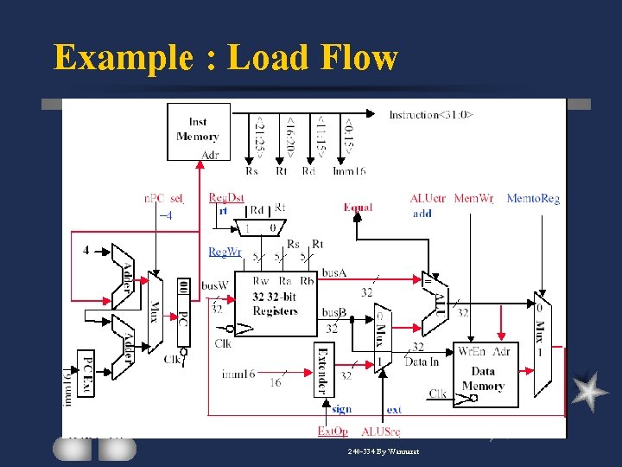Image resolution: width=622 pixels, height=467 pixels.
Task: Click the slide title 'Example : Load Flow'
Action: click(x=225, y=58)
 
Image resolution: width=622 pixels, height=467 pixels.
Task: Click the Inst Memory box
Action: click(x=198, y=131)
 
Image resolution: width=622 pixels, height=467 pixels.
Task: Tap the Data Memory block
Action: click(x=483, y=374)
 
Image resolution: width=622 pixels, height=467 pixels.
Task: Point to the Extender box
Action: click(x=324, y=368)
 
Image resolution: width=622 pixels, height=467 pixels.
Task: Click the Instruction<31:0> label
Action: click(x=430, y=115)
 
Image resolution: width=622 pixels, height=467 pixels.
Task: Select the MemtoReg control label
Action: click(x=533, y=199)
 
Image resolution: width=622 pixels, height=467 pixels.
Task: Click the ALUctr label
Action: click(x=428, y=199)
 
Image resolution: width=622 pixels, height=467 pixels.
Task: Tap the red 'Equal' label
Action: click(x=358, y=208)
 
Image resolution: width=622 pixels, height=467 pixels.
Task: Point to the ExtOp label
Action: click(x=333, y=431)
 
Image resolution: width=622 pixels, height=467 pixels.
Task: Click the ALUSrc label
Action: click(x=380, y=431)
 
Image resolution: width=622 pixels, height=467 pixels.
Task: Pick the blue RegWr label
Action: click(x=225, y=252)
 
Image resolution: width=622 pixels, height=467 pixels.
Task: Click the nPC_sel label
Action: click(x=163, y=199)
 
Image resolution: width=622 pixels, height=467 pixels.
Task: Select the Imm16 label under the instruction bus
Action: click(x=349, y=171)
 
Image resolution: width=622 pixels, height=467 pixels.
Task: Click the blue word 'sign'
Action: click(x=341, y=409)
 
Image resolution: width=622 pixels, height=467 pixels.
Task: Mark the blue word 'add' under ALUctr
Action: click(x=422, y=214)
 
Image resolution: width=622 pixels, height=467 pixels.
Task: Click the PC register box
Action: click(x=183, y=316)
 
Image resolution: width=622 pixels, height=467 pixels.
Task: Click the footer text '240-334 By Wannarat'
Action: click(x=383, y=452)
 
